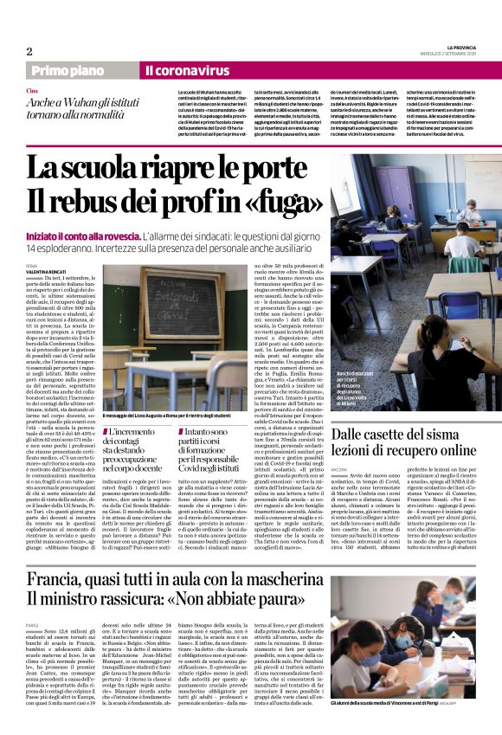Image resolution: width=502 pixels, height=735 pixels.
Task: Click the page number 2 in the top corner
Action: pos(29,51)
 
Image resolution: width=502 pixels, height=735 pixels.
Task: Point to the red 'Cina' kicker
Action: pos(32,90)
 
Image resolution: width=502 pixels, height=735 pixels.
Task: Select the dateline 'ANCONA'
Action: pos(341,472)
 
